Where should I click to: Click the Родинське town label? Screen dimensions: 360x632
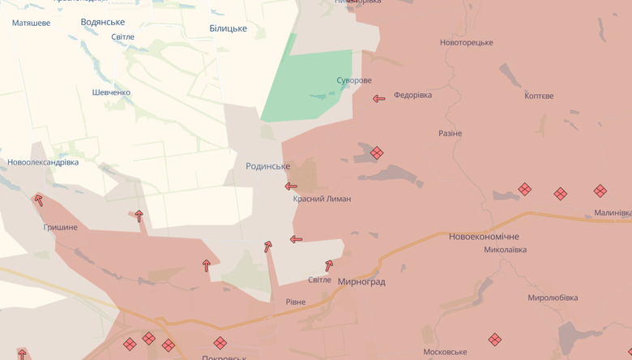click(x=267, y=166)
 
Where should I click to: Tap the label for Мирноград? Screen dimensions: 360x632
click(x=361, y=282)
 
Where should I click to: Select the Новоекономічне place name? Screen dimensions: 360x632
click(x=484, y=237)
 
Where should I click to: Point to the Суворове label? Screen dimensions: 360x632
click(x=354, y=80)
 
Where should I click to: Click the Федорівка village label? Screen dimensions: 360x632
click(x=412, y=95)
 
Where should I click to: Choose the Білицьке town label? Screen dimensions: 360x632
click(x=228, y=28)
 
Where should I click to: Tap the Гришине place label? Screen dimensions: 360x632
click(x=61, y=227)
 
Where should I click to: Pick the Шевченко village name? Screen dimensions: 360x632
click(x=111, y=92)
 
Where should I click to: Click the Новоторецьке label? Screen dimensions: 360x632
click(x=466, y=42)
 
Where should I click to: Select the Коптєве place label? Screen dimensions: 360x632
click(x=539, y=96)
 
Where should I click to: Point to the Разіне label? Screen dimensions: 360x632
click(x=450, y=133)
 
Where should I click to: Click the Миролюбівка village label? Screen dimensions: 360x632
click(x=553, y=298)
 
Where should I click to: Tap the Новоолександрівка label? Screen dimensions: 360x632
click(x=43, y=162)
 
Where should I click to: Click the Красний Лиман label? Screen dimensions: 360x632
click(x=322, y=199)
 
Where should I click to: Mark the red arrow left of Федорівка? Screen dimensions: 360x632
click(x=378, y=99)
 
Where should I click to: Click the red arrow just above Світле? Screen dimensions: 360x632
click(x=329, y=265)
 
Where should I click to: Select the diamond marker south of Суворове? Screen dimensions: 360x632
click(x=377, y=152)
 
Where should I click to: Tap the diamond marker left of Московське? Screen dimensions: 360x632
click(x=495, y=340)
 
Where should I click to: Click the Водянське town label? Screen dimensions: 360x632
click(x=103, y=22)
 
